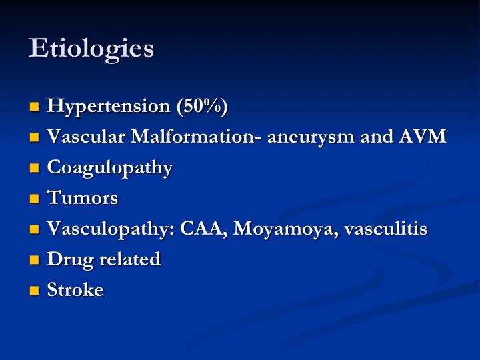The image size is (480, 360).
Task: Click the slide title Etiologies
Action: coord(91,49)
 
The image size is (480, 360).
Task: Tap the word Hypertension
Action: coord(109,107)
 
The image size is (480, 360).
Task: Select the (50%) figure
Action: coord(202,107)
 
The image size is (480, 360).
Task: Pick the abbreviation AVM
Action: coord(423,136)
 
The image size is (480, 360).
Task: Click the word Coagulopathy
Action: coord(110,169)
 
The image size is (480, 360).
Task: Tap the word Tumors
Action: coord(83,197)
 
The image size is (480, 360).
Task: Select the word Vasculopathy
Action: coord(111,229)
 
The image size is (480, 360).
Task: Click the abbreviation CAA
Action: coord(203,229)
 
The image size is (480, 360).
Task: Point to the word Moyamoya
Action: coord(285,229)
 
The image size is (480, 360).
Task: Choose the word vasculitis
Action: coord(386,229)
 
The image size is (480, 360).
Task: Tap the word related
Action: coord(130,259)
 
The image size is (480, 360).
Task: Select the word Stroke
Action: coord(75,289)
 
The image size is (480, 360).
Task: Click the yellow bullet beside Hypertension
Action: coord(34,107)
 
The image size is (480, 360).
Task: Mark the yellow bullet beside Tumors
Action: coord(34,199)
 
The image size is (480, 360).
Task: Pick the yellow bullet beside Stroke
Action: coord(34,291)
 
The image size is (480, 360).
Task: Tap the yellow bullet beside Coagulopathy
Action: coord(34,168)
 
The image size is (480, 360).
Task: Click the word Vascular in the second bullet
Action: coord(86,136)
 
